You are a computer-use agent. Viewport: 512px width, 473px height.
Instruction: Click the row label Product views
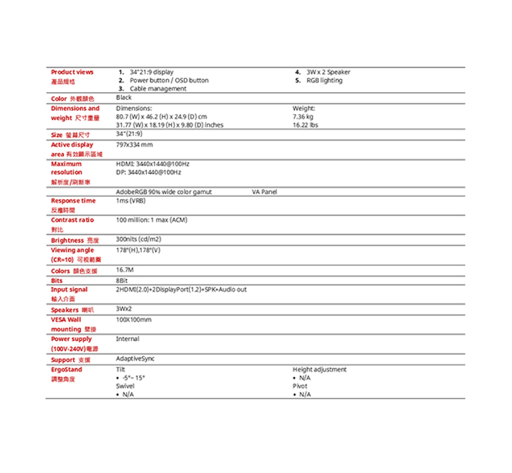tap(72, 72)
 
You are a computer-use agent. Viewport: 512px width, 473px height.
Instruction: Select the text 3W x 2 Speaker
tap(328, 72)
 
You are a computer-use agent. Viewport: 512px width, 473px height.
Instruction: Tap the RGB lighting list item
tap(324, 80)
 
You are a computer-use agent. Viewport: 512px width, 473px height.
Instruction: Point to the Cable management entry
tap(158, 89)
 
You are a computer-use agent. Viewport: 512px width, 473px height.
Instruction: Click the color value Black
tap(123, 98)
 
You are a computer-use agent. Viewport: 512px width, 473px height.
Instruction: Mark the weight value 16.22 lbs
tap(305, 125)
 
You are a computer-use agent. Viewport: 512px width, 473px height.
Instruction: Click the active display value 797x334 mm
tap(134, 145)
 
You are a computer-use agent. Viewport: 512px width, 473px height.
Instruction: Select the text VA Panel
tap(264, 192)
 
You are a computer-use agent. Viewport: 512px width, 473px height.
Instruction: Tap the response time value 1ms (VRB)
tap(130, 201)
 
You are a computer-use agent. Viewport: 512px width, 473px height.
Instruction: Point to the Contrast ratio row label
tap(72, 220)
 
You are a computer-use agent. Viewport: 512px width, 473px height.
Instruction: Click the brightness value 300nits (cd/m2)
tap(138, 239)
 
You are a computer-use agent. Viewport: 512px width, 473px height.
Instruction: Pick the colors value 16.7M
tap(125, 270)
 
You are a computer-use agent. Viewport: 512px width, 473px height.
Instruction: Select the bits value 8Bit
tap(122, 280)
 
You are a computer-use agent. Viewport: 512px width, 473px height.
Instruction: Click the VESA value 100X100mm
tap(134, 320)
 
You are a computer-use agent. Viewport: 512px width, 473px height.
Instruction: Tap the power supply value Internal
tap(127, 339)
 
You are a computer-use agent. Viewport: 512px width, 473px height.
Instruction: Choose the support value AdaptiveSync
tap(135, 359)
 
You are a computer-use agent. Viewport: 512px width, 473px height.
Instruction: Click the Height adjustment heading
tap(319, 369)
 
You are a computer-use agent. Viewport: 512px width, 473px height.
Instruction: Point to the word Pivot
tap(300, 386)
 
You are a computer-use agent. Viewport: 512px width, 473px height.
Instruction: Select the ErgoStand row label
tap(67, 369)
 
